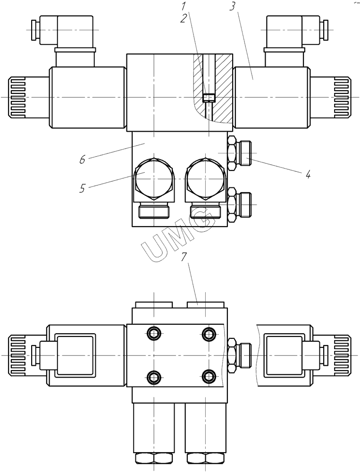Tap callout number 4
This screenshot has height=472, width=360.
coord(307,175)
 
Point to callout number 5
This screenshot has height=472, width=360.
coord(83,189)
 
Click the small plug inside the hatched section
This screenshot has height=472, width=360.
coord(208,98)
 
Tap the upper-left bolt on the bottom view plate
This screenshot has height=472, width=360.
coord(154,334)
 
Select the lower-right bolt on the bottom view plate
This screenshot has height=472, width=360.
coord(208,376)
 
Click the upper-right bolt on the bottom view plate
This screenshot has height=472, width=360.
coord(208,334)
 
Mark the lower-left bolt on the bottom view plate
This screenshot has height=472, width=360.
coord(154,376)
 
